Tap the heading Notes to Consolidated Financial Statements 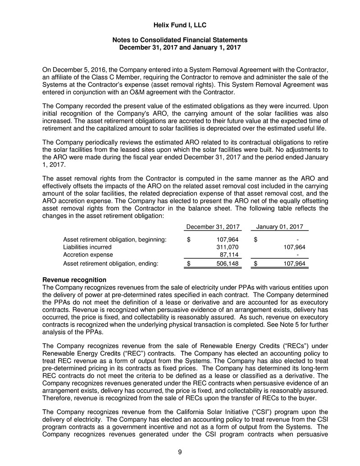click(180, 40)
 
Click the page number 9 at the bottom click(180, 453)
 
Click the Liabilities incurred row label click(87, 247)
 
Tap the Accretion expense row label click(88, 255)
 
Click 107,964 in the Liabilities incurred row click(294, 247)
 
